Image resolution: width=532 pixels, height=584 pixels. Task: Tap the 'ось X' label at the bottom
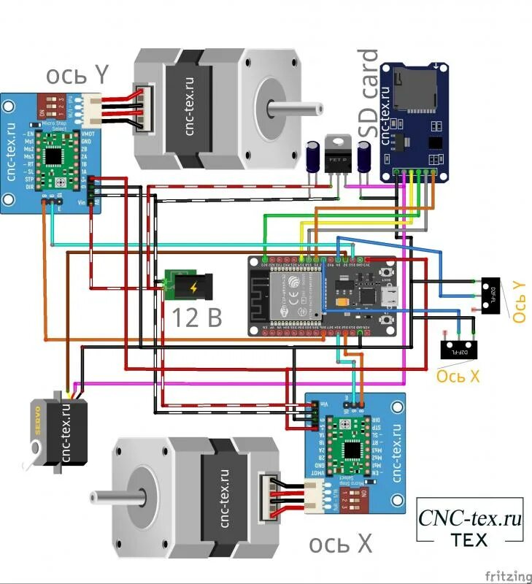coord(341,543)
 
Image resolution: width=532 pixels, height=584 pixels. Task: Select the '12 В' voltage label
coord(196,316)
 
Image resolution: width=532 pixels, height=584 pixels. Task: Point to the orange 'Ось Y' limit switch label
coord(517,302)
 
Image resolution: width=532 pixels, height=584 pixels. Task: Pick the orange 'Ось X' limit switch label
coord(458,376)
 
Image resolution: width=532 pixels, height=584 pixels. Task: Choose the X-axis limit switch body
coord(459,350)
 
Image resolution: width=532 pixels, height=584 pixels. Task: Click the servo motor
coord(61,431)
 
